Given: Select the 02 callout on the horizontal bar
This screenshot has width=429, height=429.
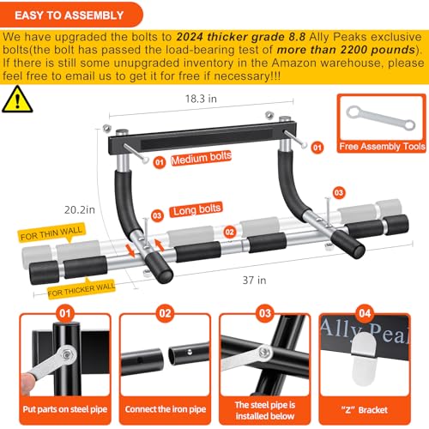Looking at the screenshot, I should [x=228, y=232].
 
